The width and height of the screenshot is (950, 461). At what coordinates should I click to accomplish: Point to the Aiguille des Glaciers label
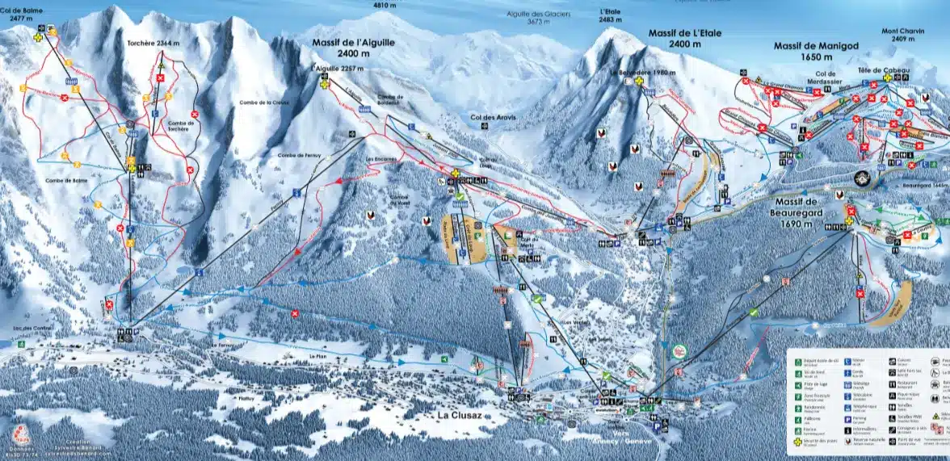[516, 17]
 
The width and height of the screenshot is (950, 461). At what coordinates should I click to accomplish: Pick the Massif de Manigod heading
[813, 51]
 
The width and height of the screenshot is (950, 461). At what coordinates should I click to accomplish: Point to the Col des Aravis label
[491, 118]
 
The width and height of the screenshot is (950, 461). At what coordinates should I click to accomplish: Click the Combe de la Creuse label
[263, 103]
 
